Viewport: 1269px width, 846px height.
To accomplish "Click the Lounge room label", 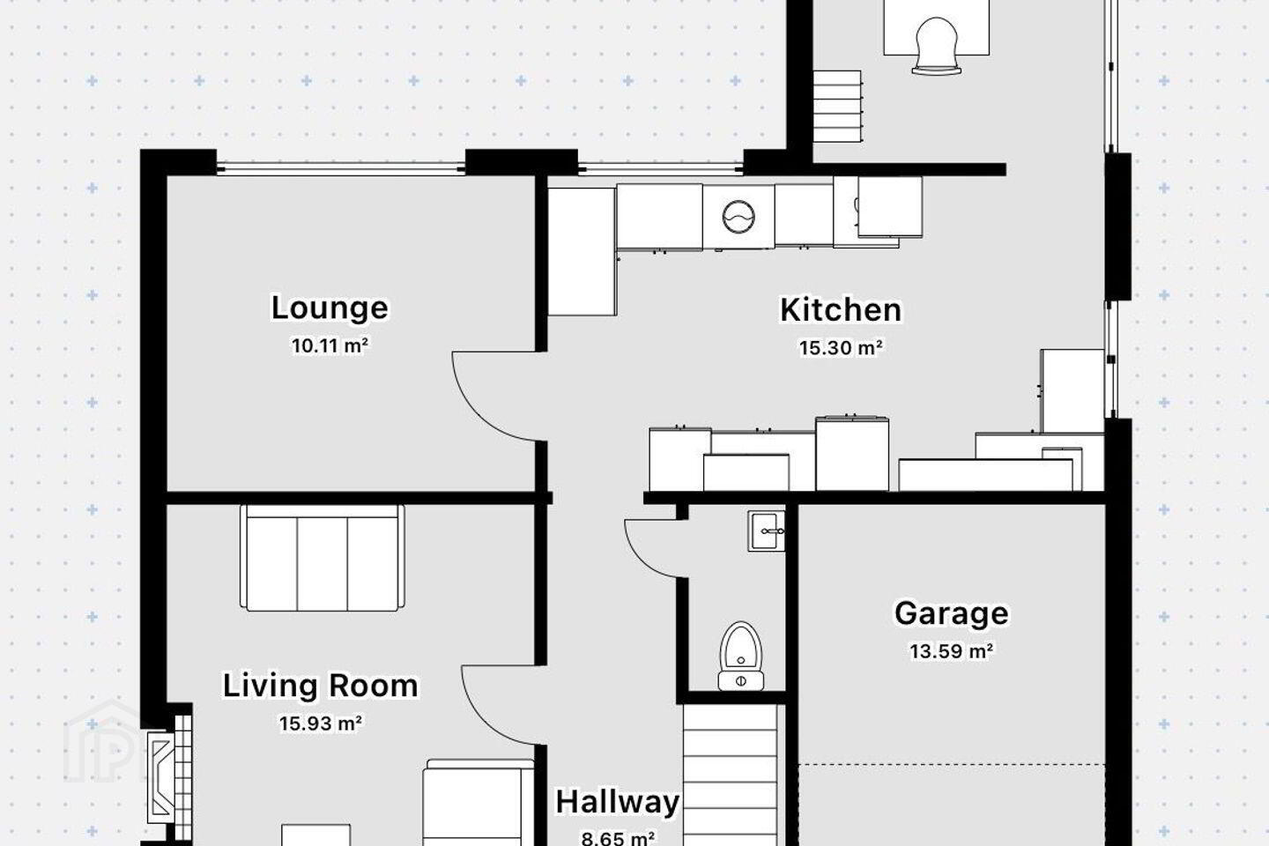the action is [330, 308].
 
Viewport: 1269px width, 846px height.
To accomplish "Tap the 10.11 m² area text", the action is [330, 345].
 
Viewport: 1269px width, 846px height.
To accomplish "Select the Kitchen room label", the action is [841, 310].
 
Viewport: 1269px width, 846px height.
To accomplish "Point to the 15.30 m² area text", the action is [841, 347].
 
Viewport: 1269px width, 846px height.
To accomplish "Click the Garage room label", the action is [952, 613].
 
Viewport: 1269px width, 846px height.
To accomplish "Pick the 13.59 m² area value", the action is [952, 651].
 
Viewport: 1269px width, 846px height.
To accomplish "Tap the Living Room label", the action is [321, 686].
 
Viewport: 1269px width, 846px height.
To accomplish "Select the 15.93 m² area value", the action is [321, 723].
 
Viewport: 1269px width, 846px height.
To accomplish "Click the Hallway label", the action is [618, 802].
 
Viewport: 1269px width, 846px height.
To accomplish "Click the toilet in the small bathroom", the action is [740, 657].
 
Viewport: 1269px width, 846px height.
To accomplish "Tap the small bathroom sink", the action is [766, 531].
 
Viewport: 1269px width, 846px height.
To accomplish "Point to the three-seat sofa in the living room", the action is [323, 558].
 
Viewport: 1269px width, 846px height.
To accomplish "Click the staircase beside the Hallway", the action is [730, 775].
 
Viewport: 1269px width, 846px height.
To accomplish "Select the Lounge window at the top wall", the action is [340, 167].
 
